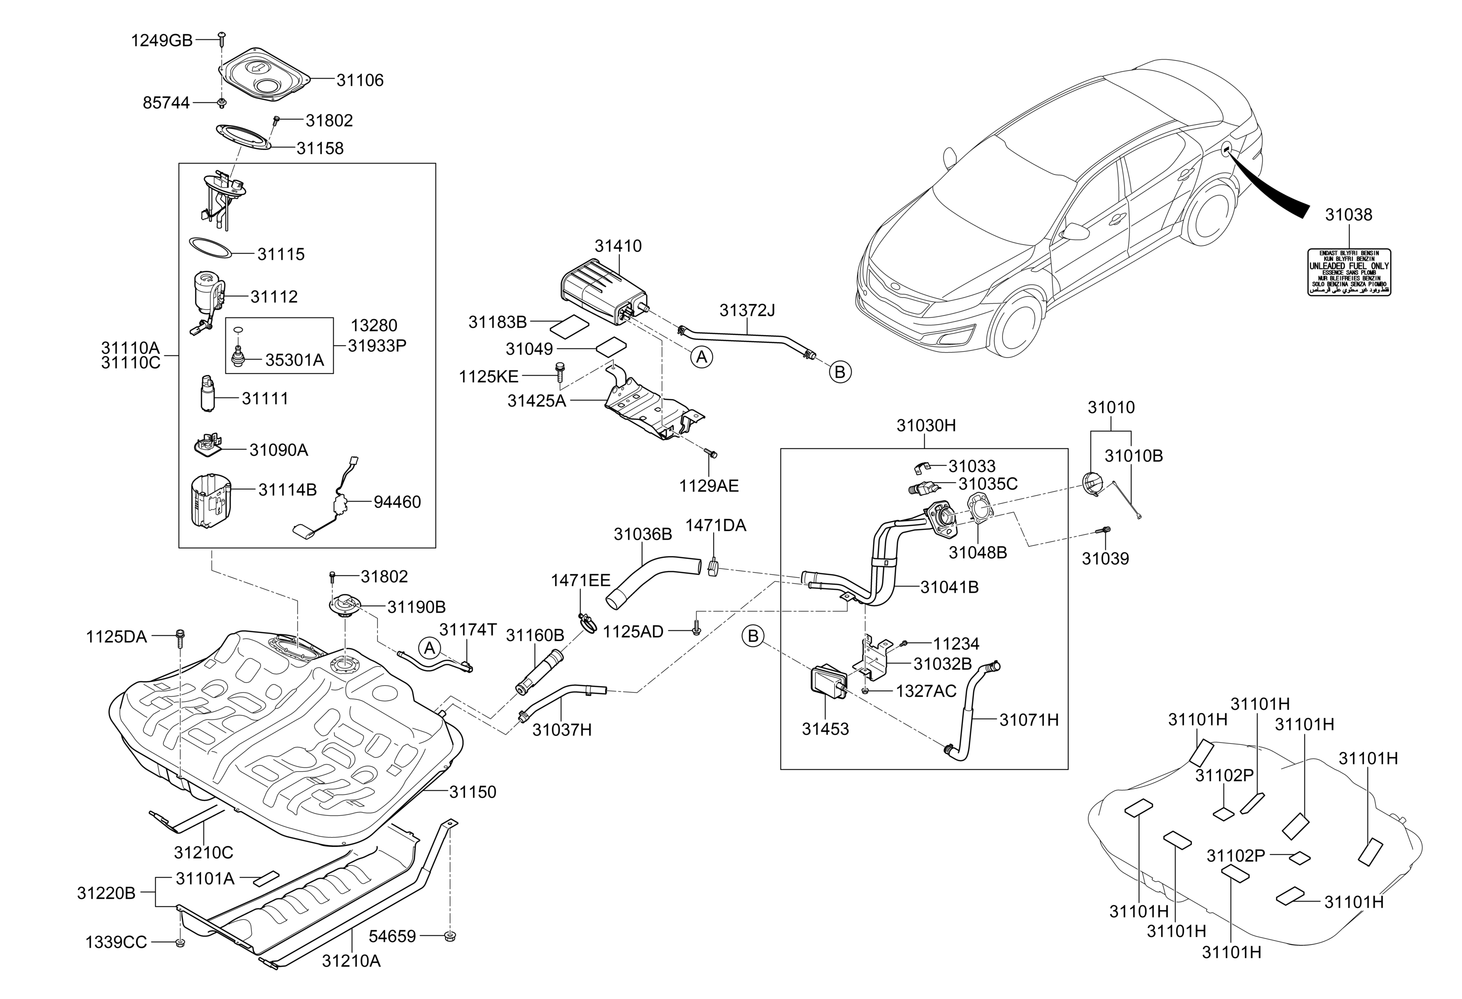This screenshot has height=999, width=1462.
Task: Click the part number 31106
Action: pos(359,80)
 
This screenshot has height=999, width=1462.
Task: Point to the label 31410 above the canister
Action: pos(618,245)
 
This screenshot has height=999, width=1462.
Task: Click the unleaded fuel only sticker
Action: pos(1349,272)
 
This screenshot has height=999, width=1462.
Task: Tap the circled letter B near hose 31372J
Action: pos(839,373)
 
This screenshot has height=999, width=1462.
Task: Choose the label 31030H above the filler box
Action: pos(925,426)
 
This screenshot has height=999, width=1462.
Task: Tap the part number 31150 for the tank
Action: pos(472,792)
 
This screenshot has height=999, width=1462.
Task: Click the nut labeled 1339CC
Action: pos(179,942)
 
